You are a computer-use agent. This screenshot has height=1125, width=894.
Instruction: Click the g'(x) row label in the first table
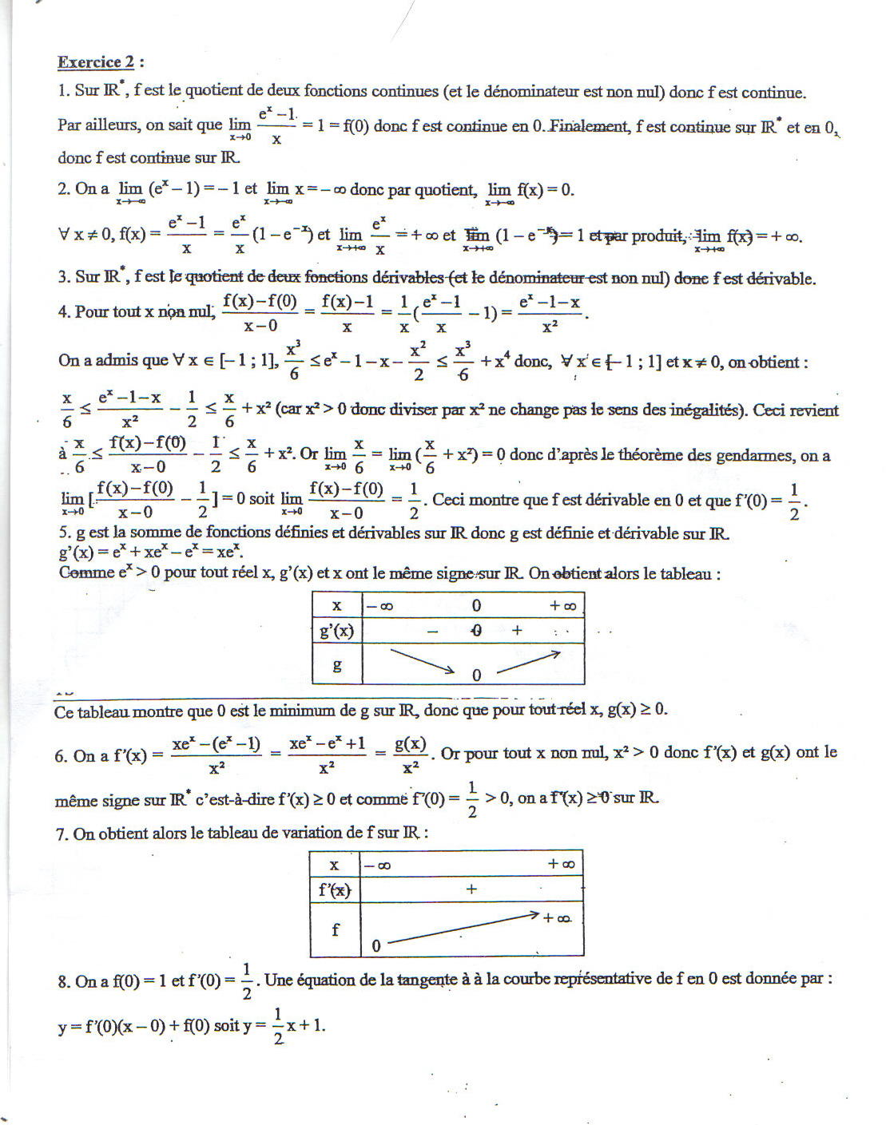(336, 631)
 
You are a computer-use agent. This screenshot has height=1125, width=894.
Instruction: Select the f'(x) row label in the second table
(335, 889)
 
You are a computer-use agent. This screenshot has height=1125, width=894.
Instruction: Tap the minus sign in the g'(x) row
(432, 632)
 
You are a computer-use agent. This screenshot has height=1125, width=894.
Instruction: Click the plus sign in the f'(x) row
(471, 889)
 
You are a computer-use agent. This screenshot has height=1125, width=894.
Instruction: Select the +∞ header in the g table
(562, 606)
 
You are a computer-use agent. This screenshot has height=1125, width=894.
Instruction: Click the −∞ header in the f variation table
(378, 866)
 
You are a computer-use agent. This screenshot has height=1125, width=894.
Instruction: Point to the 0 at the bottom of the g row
(476, 675)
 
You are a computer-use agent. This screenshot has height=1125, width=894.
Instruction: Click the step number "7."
(62, 834)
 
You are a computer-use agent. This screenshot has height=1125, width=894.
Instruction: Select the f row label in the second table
(335, 929)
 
